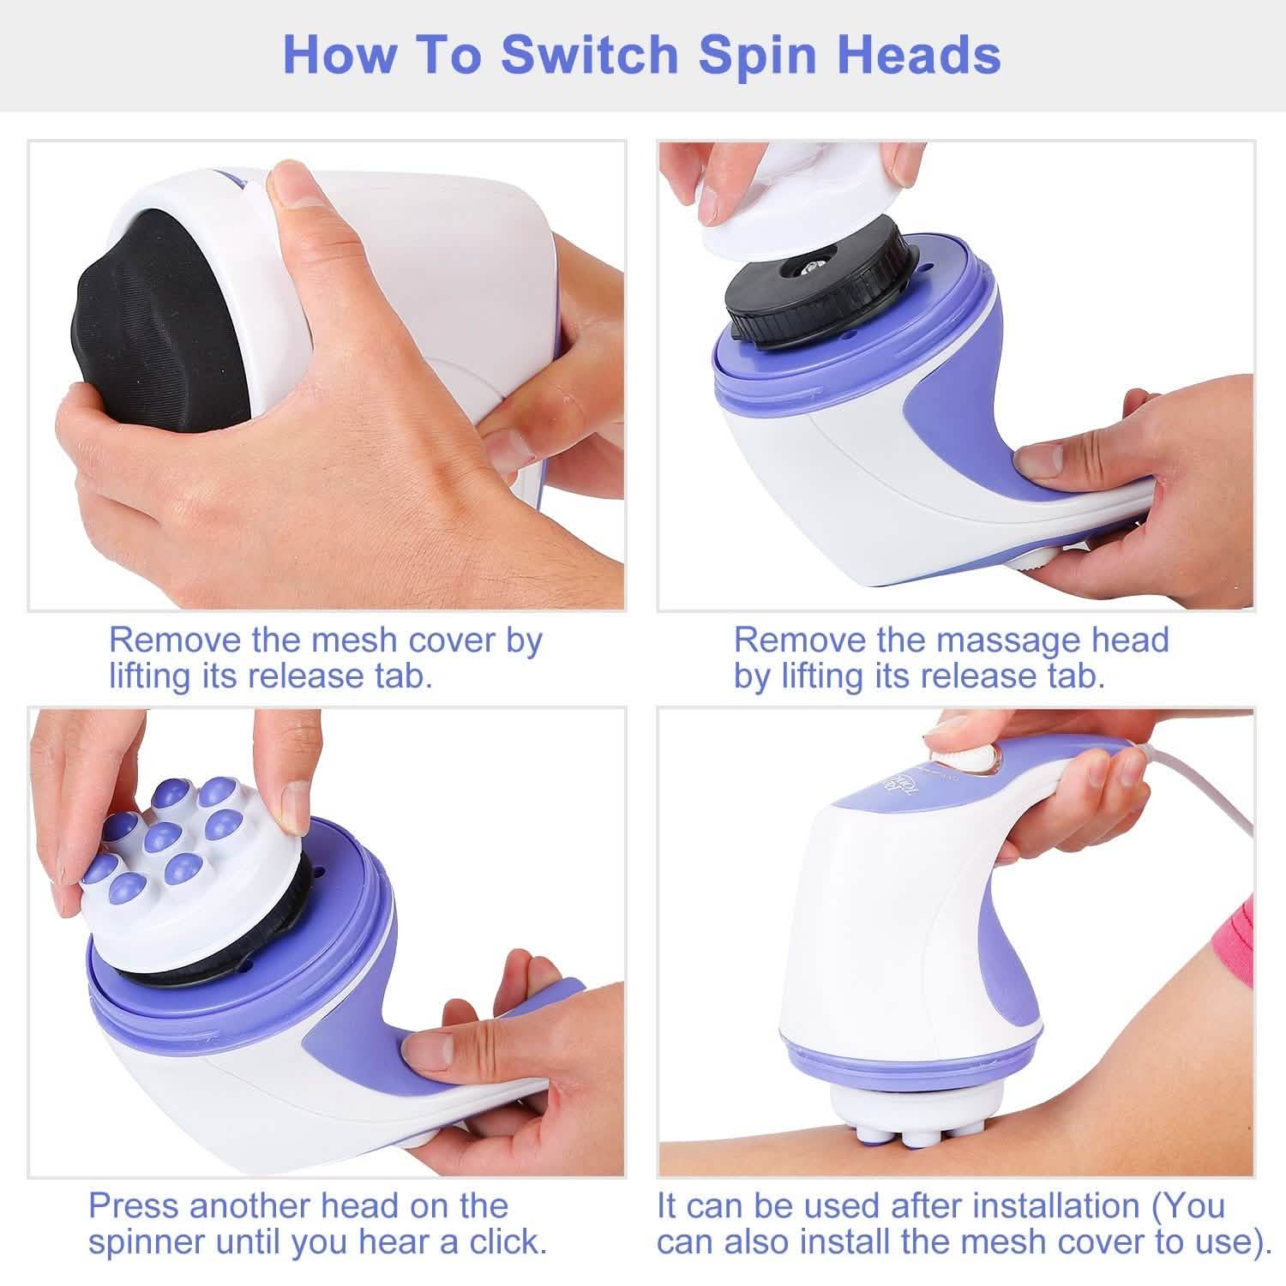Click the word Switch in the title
point(591,54)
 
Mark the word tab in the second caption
point(1073,676)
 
